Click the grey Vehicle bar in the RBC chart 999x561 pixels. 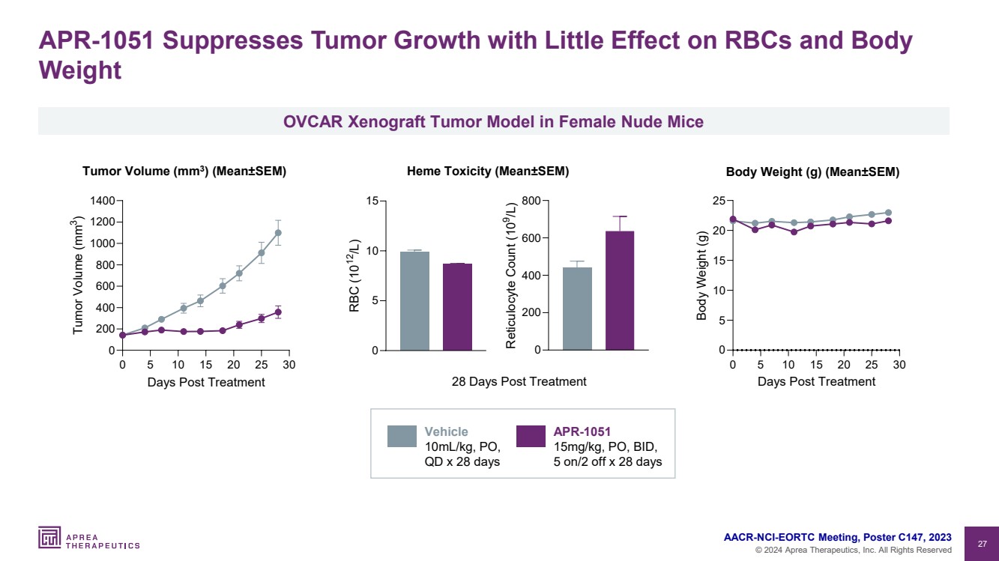coord(414,301)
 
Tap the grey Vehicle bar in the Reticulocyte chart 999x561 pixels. coord(577,309)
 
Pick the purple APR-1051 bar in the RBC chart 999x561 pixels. coord(457,307)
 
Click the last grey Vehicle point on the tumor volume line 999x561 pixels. coord(278,232)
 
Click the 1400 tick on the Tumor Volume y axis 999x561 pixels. coord(101,201)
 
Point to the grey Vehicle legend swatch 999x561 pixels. coord(402,436)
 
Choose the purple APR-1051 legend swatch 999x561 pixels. coord(531,436)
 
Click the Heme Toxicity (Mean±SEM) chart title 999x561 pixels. coord(488,172)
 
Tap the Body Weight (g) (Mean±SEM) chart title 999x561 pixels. coord(812,172)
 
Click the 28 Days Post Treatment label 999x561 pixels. coord(519,381)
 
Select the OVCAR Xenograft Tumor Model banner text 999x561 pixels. coord(493,121)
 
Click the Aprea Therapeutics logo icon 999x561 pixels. coord(49,537)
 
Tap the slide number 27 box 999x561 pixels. coord(982,543)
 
